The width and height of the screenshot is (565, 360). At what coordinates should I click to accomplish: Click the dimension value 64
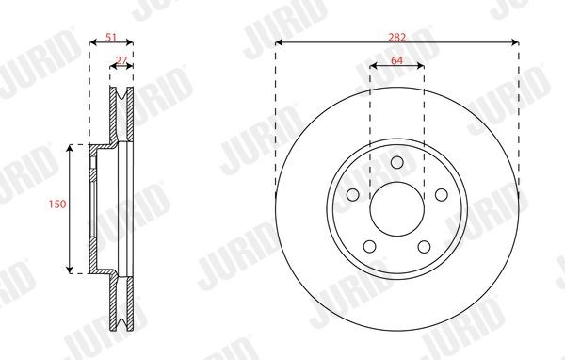[396, 59]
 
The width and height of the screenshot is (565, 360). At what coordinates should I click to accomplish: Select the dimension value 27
[121, 59]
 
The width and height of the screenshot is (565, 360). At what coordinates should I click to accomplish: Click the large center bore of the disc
[396, 208]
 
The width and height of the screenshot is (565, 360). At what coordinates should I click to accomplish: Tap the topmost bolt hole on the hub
[396, 162]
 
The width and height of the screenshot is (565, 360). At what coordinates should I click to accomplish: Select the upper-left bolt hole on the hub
[353, 194]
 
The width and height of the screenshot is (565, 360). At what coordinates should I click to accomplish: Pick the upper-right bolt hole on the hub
[440, 194]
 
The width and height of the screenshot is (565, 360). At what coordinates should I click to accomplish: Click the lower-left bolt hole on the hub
[370, 245]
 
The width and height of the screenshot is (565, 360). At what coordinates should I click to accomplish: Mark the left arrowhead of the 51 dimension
[92, 42]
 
